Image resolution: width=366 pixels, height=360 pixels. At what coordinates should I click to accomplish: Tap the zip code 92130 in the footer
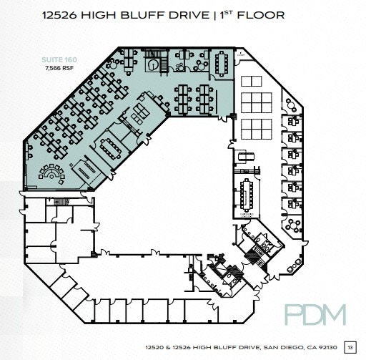pyautogui.click(x=327, y=346)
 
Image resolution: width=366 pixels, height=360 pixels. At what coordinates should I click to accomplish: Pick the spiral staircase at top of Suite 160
pyautogui.click(x=152, y=64)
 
